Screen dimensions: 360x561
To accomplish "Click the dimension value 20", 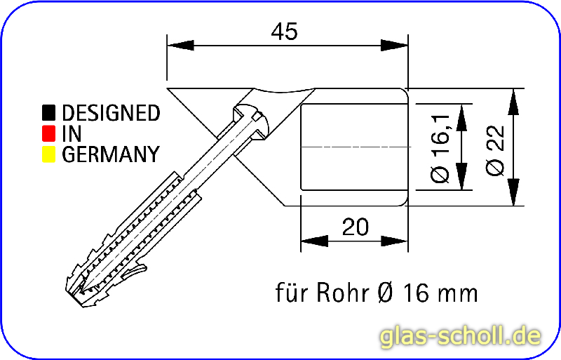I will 356,227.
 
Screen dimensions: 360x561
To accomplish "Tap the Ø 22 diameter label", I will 495,147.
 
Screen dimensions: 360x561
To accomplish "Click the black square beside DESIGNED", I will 48,112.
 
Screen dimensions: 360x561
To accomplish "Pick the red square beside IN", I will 48,133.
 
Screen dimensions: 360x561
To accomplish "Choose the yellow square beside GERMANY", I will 48,154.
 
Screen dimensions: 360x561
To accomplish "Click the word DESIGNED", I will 111,112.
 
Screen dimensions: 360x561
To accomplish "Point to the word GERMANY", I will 110,154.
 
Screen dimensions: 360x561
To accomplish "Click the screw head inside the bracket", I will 253,120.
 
